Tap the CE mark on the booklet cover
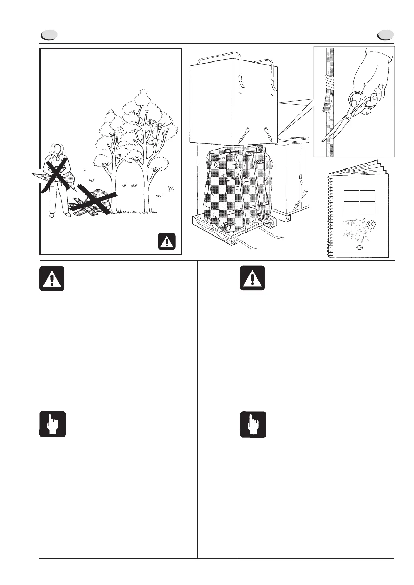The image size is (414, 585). (x=371, y=225)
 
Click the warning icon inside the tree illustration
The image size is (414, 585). (x=167, y=241)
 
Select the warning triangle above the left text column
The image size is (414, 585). (x=52, y=279)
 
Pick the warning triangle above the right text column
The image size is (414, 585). (x=252, y=279)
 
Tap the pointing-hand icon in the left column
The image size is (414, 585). (x=52, y=424)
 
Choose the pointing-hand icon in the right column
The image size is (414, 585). (x=253, y=424)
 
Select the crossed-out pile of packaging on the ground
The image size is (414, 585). (x=94, y=201)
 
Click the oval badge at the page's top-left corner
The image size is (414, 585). (x=49, y=35)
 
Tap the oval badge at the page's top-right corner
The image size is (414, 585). (x=386, y=35)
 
